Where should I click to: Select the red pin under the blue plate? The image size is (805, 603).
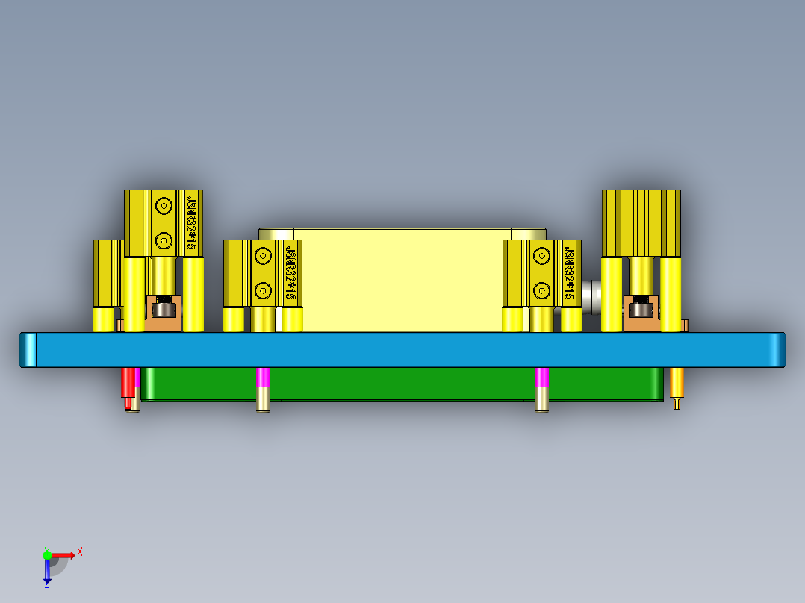point(128,383)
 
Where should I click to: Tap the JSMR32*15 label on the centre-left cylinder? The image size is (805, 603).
point(290,272)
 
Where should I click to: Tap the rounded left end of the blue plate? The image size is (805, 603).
point(28,350)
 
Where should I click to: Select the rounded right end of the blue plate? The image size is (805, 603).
point(777,350)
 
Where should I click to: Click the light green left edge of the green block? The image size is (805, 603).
point(149,384)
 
